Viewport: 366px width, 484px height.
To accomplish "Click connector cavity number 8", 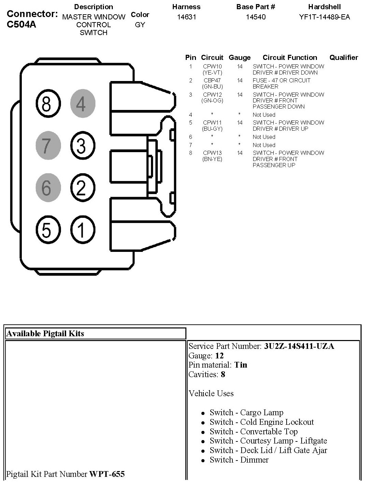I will [x=47, y=104].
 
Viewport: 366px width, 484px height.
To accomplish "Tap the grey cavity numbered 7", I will [x=47, y=146].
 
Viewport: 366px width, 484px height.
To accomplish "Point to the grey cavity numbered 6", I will [x=47, y=188].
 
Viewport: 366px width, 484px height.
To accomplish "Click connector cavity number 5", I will [x=47, y=230].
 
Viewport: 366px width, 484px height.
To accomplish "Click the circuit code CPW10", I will [x=212, y=66].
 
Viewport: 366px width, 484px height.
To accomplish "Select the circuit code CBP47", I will [x=212, y=80].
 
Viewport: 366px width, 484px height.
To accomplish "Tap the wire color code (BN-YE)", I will [x=212, y=159].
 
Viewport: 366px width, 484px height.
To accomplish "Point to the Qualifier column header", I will [x=344, y=58].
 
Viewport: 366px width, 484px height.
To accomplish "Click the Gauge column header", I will [x=240, y=58].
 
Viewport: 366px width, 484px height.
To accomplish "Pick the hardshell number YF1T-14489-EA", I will [x=324, y=17].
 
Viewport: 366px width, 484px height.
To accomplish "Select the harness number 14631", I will [x=186, y=17].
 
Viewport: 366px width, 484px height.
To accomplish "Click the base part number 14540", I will [x=256, y=17].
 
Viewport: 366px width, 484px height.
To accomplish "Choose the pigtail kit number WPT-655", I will [x=107, y=474].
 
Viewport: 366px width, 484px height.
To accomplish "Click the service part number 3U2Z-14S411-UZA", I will [x=299, y=346].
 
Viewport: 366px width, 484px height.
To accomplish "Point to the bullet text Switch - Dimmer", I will [x=239, y=460].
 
